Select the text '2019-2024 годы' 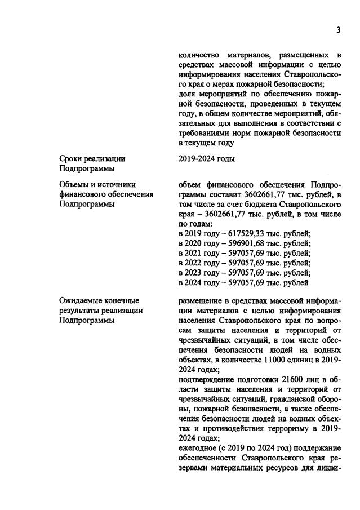coord(206,159)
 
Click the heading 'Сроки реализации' coord(92,159)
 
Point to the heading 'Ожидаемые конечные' coord(99,300)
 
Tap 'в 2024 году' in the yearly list coord(198,282)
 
